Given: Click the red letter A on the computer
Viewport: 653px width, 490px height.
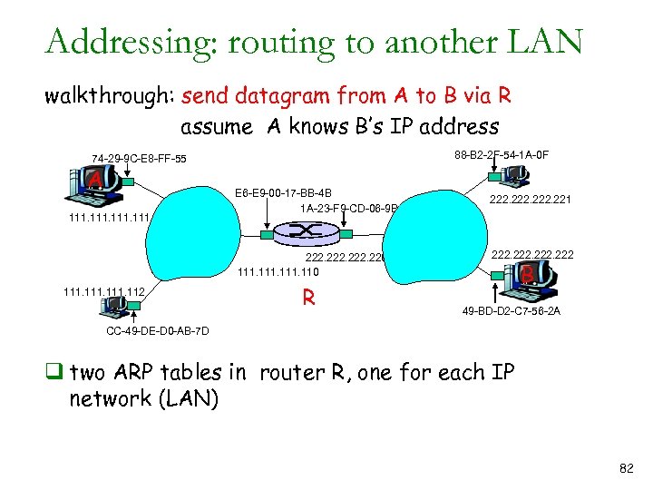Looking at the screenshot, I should (x=94, y=182).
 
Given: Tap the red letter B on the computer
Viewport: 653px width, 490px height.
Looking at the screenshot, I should (x=527, y=271).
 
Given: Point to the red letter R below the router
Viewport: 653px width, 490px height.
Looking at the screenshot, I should (x=308, y=298).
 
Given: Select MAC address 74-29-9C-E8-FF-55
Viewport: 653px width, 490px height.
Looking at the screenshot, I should (x=139, y=159).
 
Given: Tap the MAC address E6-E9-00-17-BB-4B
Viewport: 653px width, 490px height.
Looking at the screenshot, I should (x=283, y=192).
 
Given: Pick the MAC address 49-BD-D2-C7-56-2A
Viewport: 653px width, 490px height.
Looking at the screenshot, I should (x=511, y=311).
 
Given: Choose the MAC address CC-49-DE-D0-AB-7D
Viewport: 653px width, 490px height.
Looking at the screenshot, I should (x=158, y=330).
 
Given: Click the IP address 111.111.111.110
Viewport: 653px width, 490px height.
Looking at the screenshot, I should (x=278, y=270).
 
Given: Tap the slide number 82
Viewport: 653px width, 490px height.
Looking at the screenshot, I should (x=625, y=467).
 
